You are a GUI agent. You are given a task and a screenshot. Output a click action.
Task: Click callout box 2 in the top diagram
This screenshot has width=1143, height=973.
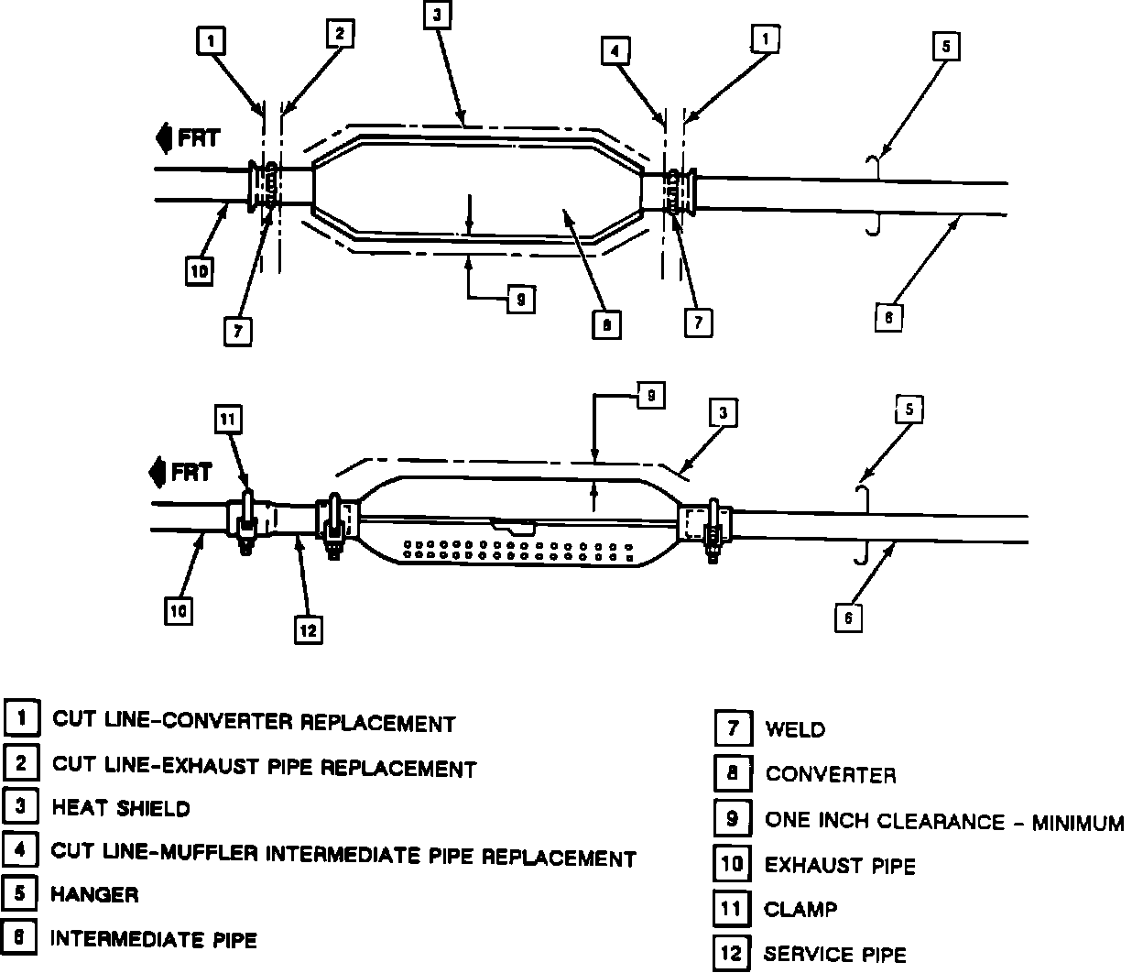coord(339,34)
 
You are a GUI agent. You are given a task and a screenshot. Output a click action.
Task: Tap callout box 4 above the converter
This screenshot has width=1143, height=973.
coord(615,51)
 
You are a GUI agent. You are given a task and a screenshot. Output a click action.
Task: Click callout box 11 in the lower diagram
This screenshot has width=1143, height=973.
coord(229,420)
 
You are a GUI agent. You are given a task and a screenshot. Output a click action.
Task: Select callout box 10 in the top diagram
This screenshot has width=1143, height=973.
coord(200,271)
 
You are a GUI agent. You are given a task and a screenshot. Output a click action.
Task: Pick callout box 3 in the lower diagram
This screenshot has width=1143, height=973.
coord(723,413)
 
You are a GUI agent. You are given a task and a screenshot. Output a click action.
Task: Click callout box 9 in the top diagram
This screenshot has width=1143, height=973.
coord(520,299)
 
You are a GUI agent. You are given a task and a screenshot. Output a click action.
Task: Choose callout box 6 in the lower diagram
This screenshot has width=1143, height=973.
coord(848,618)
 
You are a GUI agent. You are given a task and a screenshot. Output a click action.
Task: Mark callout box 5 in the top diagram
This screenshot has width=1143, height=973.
coord(945,46)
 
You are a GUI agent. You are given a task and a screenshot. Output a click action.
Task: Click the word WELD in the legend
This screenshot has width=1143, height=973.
coord(795,730)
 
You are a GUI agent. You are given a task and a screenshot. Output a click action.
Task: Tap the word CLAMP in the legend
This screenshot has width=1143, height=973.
coord(800,910)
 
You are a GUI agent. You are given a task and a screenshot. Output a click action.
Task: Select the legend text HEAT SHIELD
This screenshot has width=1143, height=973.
coord(121,808)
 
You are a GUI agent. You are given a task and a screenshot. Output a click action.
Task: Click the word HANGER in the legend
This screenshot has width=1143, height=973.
coord(95,894)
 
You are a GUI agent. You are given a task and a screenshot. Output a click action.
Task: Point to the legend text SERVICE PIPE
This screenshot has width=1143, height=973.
coord(835,955)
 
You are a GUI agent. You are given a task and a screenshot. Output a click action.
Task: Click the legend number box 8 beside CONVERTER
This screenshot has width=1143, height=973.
coord(732,773)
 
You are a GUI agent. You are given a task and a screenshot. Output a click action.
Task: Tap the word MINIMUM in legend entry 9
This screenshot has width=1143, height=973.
coord(1077,823)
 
